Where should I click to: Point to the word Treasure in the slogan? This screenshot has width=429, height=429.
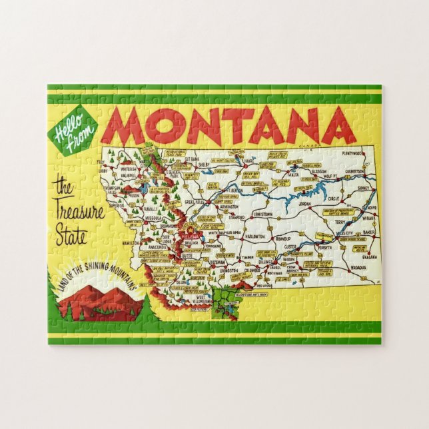pyautogui.click(x=79, y=213)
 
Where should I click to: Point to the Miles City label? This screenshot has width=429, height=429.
pyautogui.click(x=346, y=233)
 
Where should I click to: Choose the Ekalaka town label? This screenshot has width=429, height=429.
pyautogui.click(x=370, y=256)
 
